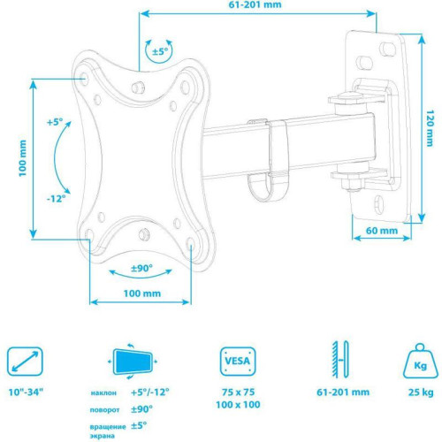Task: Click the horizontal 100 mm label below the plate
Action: pyautogui.click(x=141, y=293)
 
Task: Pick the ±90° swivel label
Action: pyautogui.click(x=141, y=268)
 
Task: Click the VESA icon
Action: pyautogui.click(x=234, y=362)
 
